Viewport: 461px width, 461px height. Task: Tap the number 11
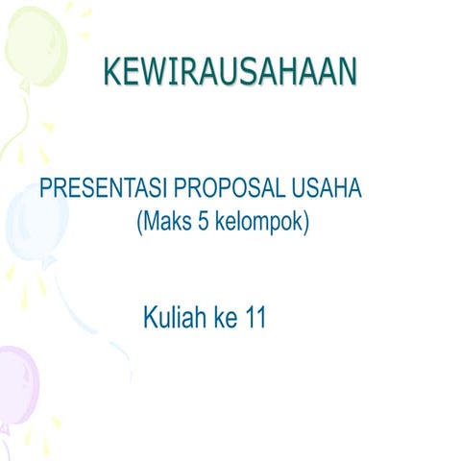(x=255, y=317)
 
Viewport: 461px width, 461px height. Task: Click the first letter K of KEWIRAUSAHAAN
(x=112, y=71)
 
